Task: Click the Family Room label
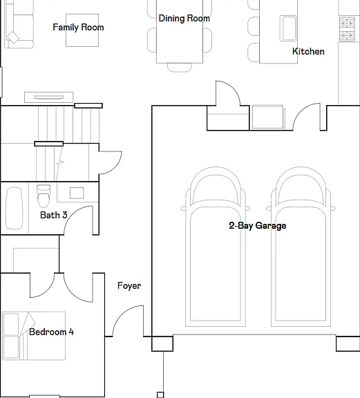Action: [78, 27]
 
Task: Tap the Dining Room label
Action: [184, 18]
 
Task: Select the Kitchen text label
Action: [308, 51]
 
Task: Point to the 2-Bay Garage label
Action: [258, 225]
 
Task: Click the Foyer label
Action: [129, 286]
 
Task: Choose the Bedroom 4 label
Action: [52, 332]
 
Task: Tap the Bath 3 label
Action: [54, 215]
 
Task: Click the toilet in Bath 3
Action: [44, 196]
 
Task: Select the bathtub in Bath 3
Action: [15, 208]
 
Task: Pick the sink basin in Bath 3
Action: [77, 193]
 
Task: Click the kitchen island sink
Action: [288, 28]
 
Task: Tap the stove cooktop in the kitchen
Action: [347, 29]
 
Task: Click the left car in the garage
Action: [216, 247]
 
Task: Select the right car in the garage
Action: [301, 247]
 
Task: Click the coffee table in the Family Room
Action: [82, 30]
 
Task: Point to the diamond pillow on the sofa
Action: [13, 37]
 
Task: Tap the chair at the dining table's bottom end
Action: [180, 68]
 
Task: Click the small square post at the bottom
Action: [160, 395]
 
